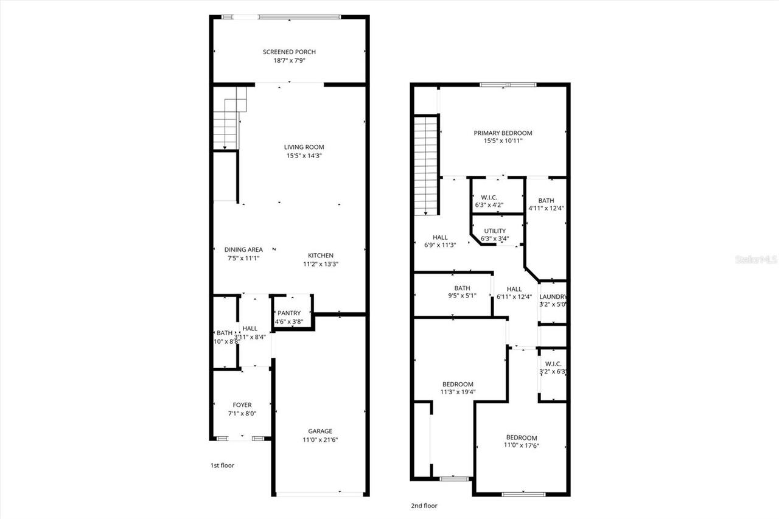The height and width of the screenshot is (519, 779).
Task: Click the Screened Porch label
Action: tap(289, 52)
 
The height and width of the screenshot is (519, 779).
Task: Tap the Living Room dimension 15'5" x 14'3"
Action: tap(304, 156)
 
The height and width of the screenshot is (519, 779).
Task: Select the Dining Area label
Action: tap(243, 249)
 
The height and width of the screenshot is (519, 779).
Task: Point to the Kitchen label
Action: tap(320, 256)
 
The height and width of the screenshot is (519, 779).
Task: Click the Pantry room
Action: tap(289, 313)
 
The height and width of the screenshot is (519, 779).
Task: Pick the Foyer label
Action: tap(242, 405)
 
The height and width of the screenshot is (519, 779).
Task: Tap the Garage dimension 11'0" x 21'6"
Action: tap(320, 439)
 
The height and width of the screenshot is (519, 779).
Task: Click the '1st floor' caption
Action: tap(222, 465)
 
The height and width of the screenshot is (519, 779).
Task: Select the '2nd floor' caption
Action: tap(424, 506)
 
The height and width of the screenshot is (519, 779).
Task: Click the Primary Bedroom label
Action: tap(503, 133)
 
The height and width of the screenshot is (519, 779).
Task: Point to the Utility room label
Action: tap(495, 231)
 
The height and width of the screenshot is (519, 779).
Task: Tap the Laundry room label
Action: tap(553, 297)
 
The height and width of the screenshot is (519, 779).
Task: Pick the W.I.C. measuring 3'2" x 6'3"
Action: tap(553, 367)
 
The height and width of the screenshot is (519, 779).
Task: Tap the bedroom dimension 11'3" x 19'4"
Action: tap(458, 392)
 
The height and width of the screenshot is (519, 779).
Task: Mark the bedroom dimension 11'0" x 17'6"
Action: tap(522, 445)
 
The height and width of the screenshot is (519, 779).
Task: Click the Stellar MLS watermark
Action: tap(756, 260)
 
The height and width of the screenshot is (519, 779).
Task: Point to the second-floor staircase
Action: tap(427, 164)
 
